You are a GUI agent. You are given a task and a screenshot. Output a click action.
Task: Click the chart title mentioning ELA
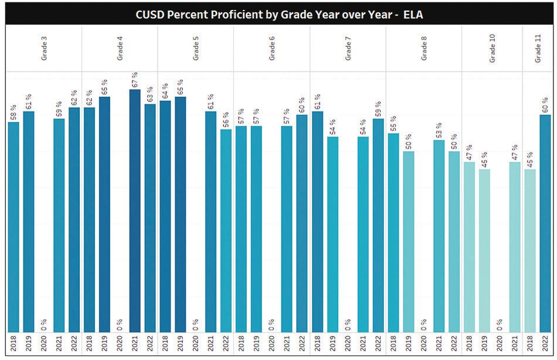tap(278, 15)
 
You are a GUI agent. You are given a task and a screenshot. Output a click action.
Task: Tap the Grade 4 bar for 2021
tap(135, 211)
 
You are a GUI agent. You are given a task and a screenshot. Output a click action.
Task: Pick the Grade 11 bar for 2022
tap(545, 223)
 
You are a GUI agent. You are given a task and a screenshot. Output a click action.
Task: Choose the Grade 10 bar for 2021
tap(515, 247)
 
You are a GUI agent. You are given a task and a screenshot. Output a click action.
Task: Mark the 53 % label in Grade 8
tap(439, 130)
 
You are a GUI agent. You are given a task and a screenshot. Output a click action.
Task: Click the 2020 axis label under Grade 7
tap(348, 344)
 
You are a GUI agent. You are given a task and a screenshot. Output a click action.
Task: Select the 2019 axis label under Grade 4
tap(104, 344)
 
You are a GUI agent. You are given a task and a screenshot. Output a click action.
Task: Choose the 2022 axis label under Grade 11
tap(545, 344)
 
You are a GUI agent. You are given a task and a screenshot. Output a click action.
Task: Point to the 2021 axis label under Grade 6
tap(287, 344)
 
